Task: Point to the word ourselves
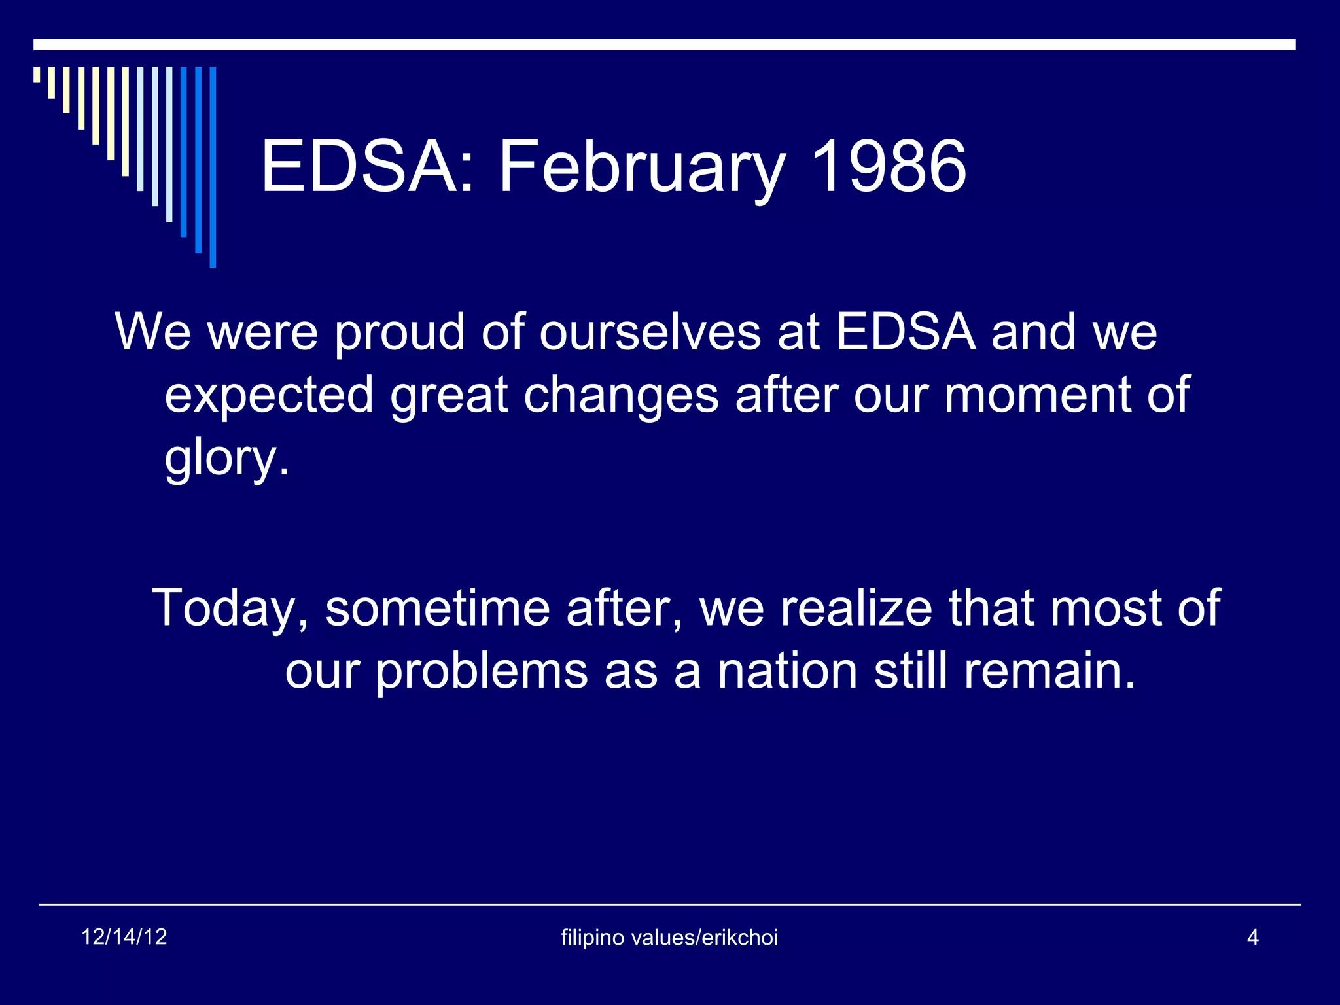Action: click(650, 333)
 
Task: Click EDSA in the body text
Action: click(906, 332)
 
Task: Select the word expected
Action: click(269, 397)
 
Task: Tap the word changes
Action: click(621, 397)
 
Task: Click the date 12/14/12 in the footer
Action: click(124, 937)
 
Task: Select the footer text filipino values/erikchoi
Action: click(669, 938)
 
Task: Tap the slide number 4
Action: click(1252, 938)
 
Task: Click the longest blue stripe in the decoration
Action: click(213, 167)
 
